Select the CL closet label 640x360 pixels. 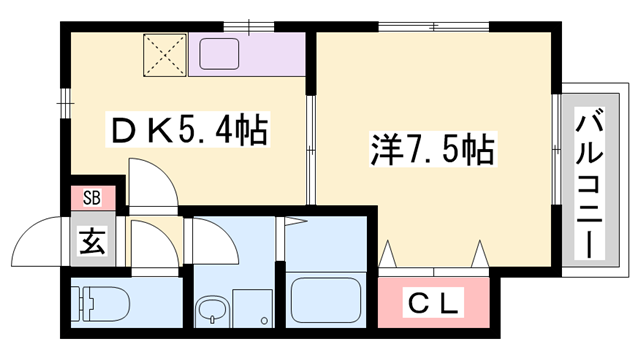pos(435,300)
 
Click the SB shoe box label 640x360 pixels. pos(92,197)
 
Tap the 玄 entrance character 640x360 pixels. pos(91,241)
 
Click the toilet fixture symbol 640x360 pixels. pos(100,303)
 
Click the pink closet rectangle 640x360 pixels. pos(435,299)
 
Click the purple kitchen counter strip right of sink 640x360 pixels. pos(276,55)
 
